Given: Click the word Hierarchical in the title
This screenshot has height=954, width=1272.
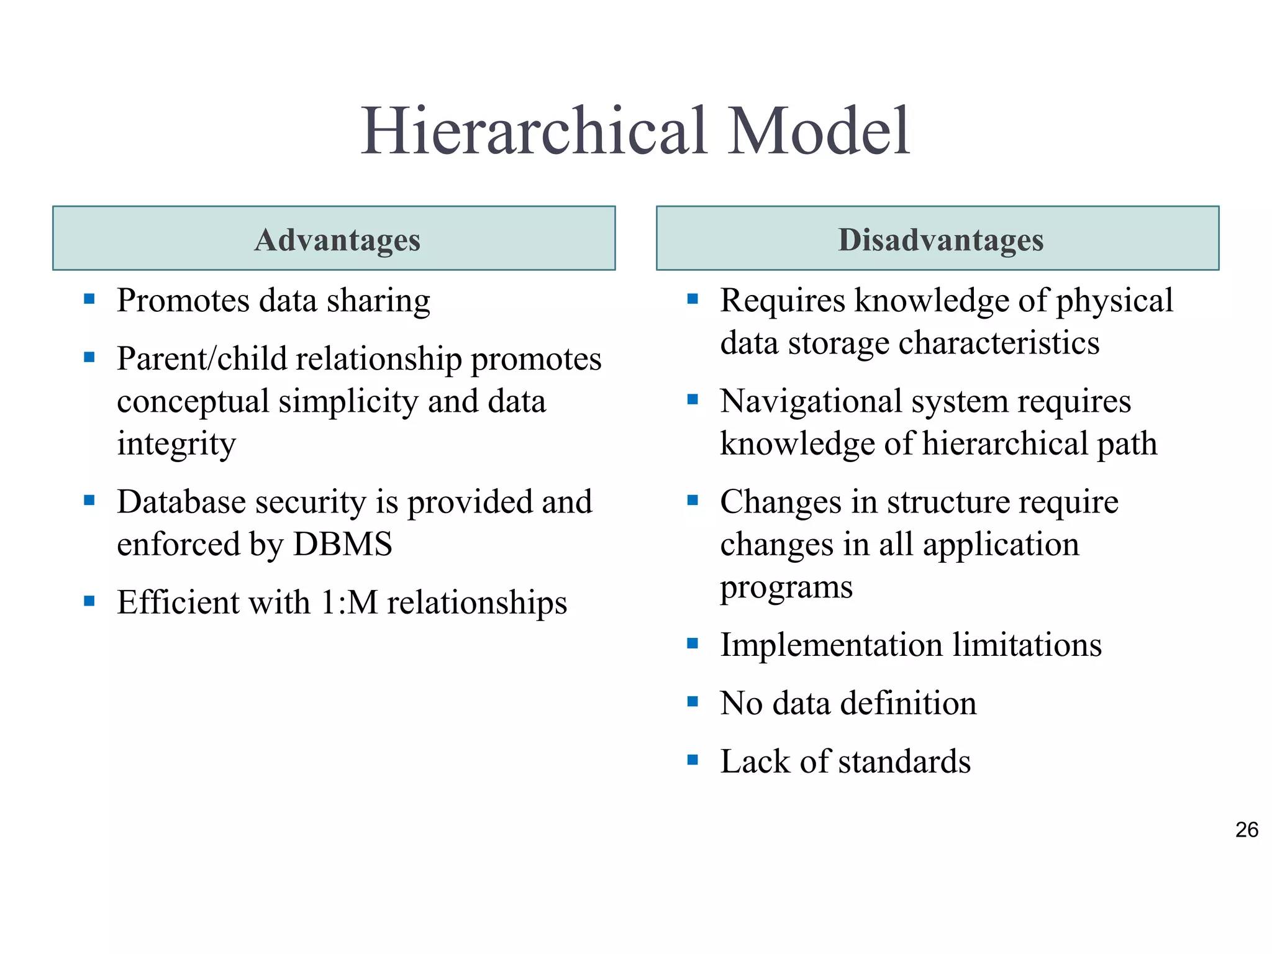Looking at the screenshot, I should (534, 131).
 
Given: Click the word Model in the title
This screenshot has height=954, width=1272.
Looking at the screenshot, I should (819, 131).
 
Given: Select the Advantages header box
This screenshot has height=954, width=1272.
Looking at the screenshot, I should (334, 238).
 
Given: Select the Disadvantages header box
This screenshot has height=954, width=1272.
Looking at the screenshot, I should (937, 238).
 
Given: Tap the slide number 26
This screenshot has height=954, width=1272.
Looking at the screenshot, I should (1247, 830).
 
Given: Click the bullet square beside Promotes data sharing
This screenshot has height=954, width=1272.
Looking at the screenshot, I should (89, 299).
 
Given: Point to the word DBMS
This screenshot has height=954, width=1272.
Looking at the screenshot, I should (342, 544).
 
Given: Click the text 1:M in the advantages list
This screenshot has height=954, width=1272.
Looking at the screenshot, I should (349, 602).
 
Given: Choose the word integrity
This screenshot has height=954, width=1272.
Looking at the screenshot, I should (176, 444).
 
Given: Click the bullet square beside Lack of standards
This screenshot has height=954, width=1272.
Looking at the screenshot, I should (693, 760).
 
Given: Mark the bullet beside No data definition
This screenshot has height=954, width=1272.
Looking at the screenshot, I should (693, 702).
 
